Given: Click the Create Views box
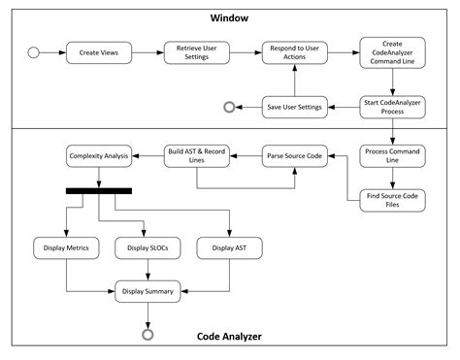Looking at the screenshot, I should (99, 52).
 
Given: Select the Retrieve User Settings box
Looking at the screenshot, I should (196, 52).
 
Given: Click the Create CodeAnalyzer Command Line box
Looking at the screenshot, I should (392, 52).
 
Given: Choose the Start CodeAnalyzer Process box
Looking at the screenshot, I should (392, 107).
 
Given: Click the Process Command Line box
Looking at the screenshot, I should (392, 155).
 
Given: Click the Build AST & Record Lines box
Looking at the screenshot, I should (196, 155).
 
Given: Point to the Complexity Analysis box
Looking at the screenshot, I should (99, 155).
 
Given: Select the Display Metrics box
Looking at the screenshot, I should (66, 248).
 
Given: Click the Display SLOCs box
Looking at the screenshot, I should (148, 248).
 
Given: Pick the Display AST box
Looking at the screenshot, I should (229, 248).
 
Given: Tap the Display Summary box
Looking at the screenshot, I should (148, 289).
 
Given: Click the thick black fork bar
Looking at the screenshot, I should (99, 190).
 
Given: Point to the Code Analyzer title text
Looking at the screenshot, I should (230, 337).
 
